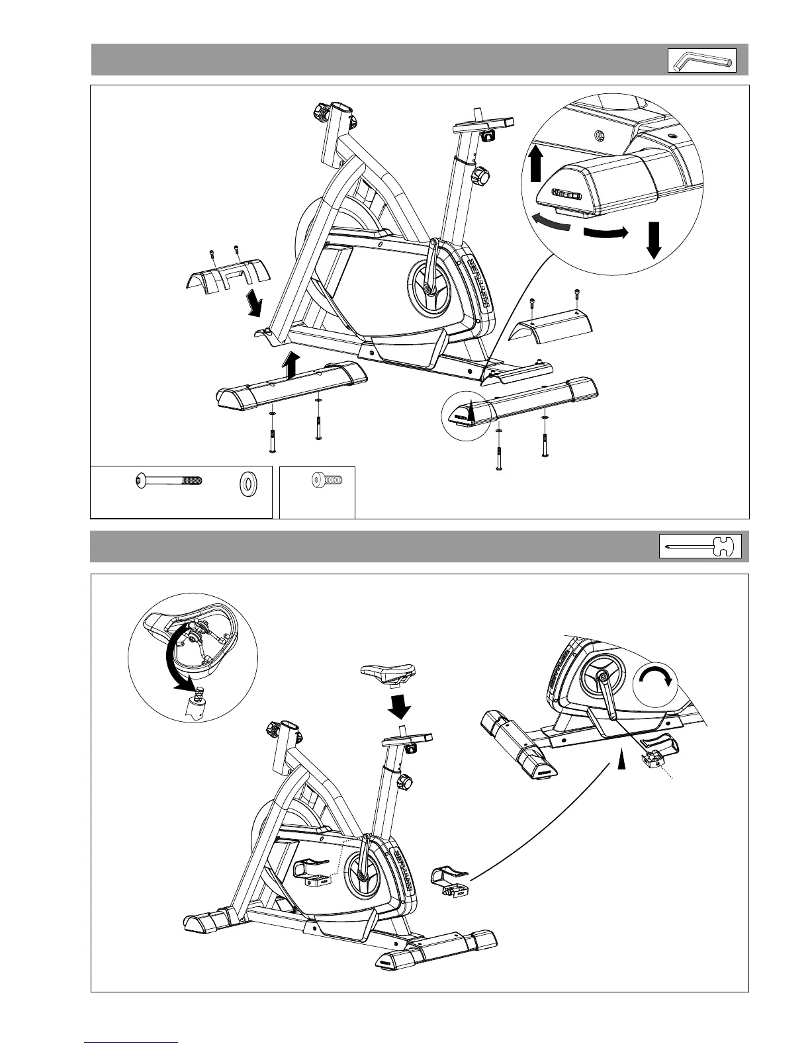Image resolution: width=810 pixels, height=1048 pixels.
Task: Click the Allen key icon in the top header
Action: click(701, 61)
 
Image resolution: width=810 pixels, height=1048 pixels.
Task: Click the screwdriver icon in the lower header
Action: click(700, 547)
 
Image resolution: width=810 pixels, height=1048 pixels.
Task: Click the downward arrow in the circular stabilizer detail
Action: click(654, 240)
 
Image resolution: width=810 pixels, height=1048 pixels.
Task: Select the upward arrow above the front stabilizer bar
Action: click(290, 364)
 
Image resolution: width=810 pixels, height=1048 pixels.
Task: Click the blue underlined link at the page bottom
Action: click(132, 1041)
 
